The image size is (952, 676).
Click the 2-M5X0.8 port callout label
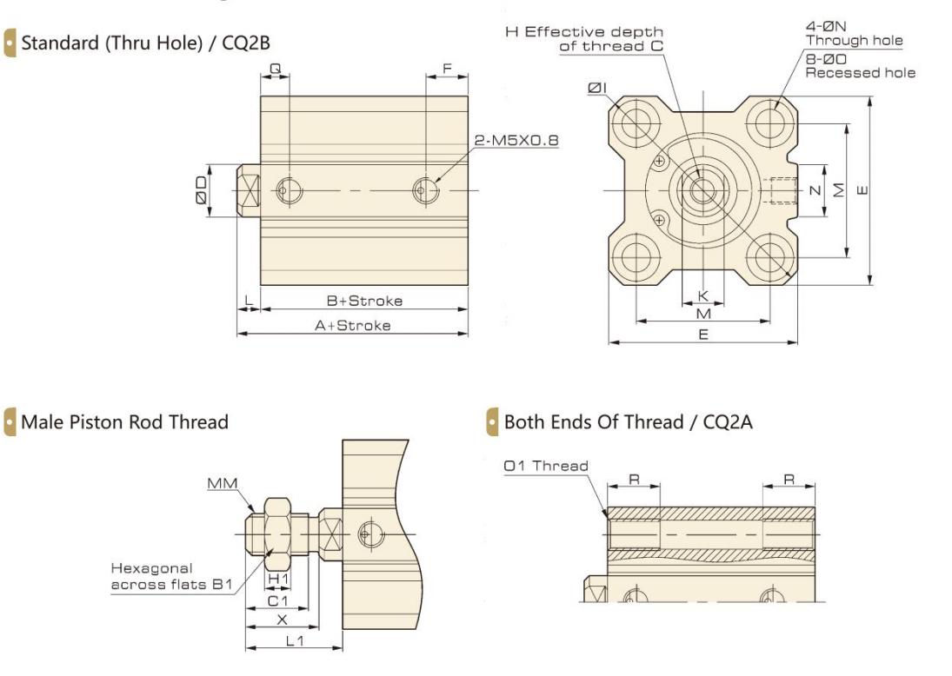pyautogui.click(x=516, y=140)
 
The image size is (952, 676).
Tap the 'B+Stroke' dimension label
pyautogui.click(x=364, y=301)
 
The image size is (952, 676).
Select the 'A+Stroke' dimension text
pyautogui.click(x=352, y=325)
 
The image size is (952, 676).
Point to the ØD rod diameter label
pyautogui.click(x=200, y=189)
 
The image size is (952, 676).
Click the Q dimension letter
pyautogui.click(x=275, y=67)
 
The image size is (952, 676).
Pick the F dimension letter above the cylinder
pyautogui.click(x=447, y=67)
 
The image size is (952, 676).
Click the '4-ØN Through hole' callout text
pyautogui.click(x=854, y=34)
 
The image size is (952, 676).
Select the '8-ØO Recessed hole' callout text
pyautogui.click(x=860, y=66)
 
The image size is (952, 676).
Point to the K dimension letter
pyautogui.click(x=703, y=295)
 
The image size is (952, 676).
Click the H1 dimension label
pyautogui.click(x=277, y=579)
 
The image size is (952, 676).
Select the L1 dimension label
pyautogui.click(x=294, y=640)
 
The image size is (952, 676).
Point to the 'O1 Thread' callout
pyautogui.click(x=545, y=466)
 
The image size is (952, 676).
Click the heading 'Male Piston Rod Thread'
pyautogui.click(x=124, y=422)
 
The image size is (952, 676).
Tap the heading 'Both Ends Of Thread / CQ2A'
pyautogui.click(x=628, y=422)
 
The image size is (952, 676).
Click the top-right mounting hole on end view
pyautogui.click(x=770, y=122)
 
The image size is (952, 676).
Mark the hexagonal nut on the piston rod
pyautogui.click(x=277, y=527)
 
